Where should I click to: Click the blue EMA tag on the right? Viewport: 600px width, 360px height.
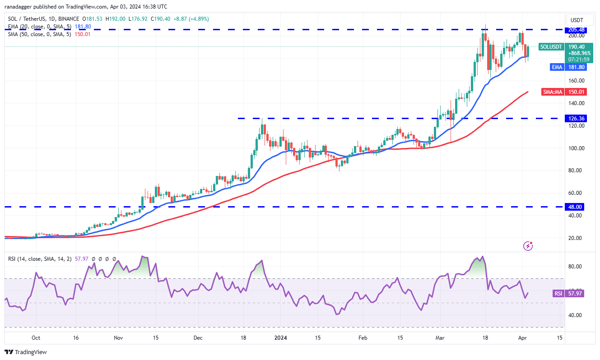(557, 67)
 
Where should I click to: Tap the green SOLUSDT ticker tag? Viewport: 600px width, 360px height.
(551, 47)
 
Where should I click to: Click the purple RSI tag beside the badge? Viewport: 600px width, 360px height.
(558, 294)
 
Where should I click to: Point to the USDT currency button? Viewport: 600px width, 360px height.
(577, 20)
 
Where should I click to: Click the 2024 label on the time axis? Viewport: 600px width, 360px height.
(281, 338)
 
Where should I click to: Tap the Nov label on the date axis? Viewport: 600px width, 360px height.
(118, 338)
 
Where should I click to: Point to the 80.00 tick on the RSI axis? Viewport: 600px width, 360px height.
(577, 267)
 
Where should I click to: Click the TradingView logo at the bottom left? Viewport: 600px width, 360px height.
(26, 352)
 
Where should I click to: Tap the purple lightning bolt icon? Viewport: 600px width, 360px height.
(528, 246)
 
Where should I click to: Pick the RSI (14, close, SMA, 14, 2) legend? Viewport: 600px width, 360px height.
(39, 259)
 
